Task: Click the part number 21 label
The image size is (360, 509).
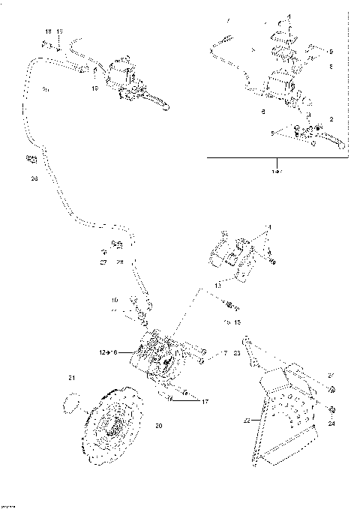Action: pos(72,376)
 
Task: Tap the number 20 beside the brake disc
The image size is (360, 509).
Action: pos(158,427)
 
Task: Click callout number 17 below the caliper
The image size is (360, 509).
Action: pos(202,401)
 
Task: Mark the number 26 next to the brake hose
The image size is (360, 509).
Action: pos(33,179)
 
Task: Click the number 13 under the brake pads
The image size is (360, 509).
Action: pos(217,285)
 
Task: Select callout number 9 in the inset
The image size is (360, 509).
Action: pos(331,50)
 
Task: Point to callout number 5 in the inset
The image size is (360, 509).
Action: pos(273,133)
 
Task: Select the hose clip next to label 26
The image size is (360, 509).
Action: pos(31,159)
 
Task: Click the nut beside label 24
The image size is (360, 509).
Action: pos(332,411)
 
